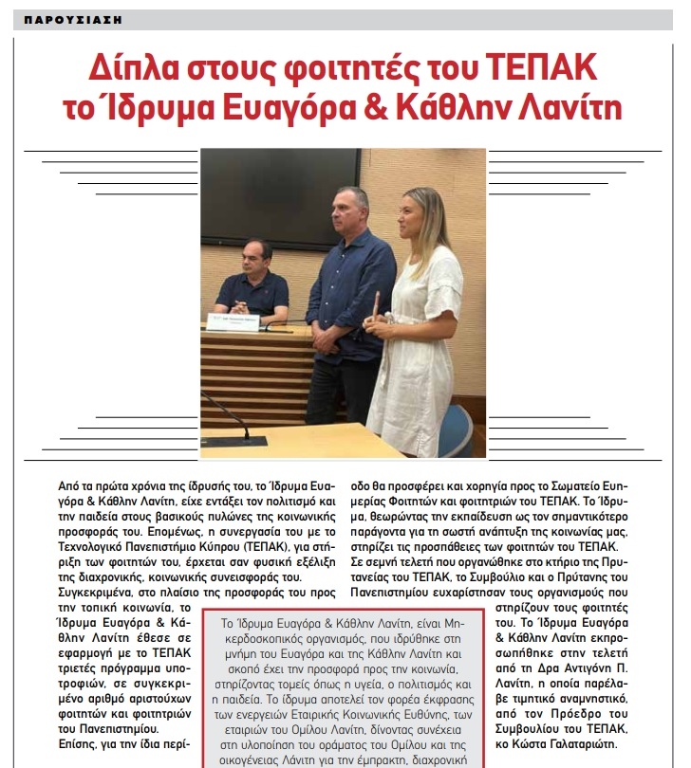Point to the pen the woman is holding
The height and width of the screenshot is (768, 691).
[x=378, y=304]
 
